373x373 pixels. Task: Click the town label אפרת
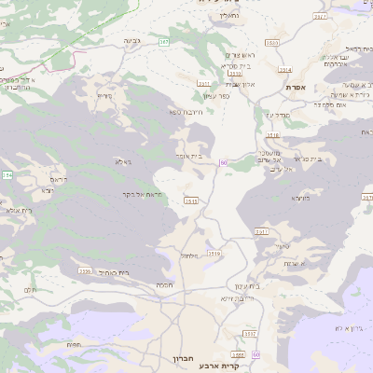[297, 87]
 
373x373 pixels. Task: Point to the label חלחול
[189, 255]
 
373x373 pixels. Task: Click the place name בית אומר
[188, 156]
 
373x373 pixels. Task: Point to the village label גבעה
[131, 41]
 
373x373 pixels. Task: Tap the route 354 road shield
[7, 174]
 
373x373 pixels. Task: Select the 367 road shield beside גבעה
[163, 42]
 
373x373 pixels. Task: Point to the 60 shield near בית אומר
[224, 162]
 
